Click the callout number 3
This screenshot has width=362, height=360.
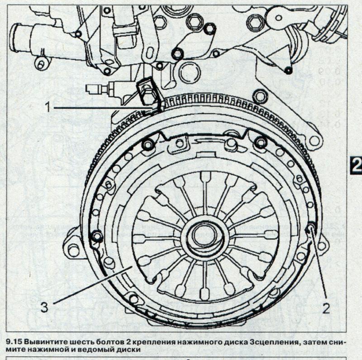coord(44,308)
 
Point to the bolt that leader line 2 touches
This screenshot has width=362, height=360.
coord(311,227)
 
